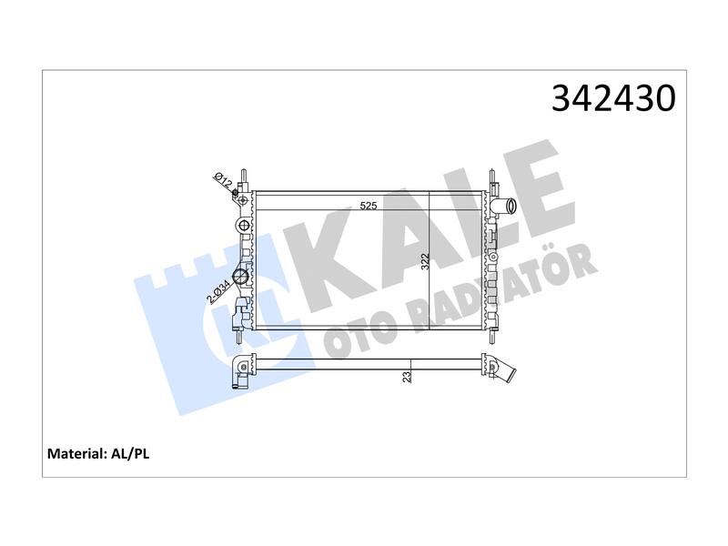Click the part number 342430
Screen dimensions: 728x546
click(613, 98)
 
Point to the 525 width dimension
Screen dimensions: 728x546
click(369, 206)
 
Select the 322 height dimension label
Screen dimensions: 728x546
click(424, 262)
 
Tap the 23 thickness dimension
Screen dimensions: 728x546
click(407, 377)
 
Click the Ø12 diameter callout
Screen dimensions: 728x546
click(222, 180)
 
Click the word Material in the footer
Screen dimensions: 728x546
click(77, 453)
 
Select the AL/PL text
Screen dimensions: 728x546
click(130, 453)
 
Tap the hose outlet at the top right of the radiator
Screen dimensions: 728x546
click(505, 207)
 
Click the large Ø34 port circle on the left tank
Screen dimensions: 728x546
click(241, 278)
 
